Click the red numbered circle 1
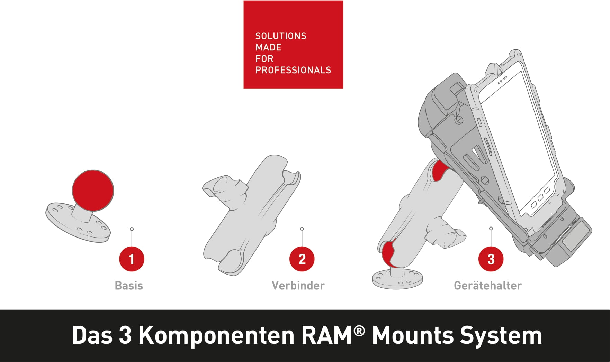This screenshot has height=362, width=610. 132,259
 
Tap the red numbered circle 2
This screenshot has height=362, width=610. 302,259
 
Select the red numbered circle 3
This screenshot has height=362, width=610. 491,259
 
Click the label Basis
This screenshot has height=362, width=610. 129,286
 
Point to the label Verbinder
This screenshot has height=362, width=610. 298,286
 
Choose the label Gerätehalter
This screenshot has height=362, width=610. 488,286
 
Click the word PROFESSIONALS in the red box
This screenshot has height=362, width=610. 293,70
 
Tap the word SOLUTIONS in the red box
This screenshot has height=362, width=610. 281,36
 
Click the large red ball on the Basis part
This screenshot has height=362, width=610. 93,191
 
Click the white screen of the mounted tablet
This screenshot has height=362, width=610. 519,138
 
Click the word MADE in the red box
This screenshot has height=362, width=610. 268,47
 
